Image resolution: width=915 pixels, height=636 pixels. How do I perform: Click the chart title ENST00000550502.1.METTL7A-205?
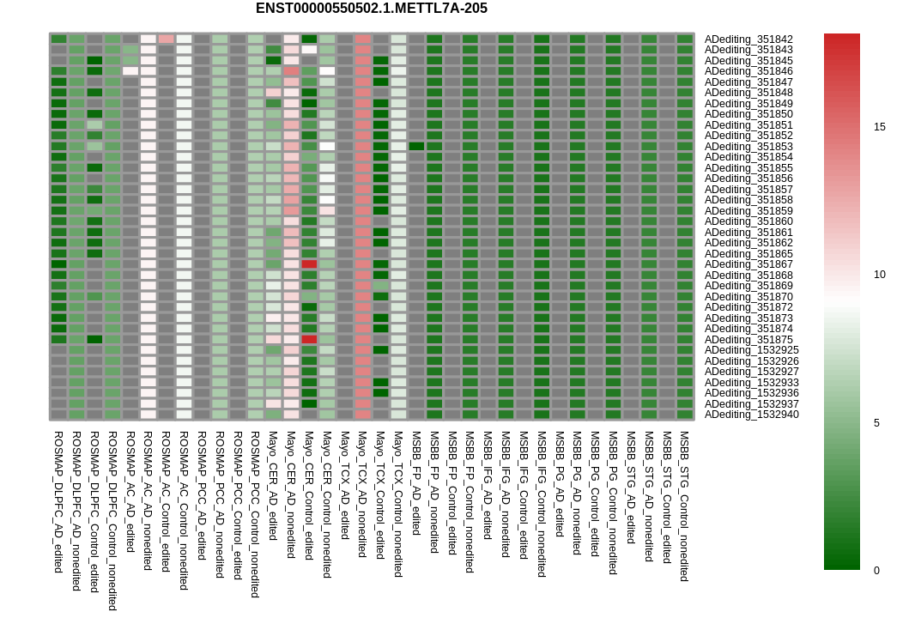371,9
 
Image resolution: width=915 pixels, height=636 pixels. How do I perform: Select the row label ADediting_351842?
748,39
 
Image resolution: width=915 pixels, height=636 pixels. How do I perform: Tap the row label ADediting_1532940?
752,415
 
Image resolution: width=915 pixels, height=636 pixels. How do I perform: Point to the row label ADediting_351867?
748,264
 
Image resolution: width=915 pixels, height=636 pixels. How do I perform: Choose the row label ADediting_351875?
748,340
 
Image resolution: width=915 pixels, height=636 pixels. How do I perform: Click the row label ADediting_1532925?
752,350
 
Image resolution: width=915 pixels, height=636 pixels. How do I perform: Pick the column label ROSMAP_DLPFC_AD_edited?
58,502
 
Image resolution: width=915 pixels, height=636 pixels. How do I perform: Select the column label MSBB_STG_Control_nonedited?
685,506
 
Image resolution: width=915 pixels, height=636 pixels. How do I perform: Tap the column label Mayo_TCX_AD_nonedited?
362,494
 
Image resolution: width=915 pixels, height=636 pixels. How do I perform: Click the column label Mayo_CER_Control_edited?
309,495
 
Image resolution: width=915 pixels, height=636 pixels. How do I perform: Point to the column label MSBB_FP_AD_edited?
416,483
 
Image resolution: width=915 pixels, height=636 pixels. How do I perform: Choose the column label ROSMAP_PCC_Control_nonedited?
255,515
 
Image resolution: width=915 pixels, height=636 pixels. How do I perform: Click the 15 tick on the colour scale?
880,127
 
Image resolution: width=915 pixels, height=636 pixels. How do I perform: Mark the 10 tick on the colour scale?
880,275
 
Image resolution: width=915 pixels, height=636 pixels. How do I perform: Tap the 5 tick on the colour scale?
876,423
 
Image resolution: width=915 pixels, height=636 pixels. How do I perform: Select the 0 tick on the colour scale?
876,571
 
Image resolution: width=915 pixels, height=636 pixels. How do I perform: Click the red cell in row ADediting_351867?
309,264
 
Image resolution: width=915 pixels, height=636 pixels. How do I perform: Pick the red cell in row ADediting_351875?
309,340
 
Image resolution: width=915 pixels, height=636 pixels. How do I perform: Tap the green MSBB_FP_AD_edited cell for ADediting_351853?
416,147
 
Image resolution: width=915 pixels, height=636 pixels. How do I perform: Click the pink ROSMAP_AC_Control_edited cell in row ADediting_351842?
167,39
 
